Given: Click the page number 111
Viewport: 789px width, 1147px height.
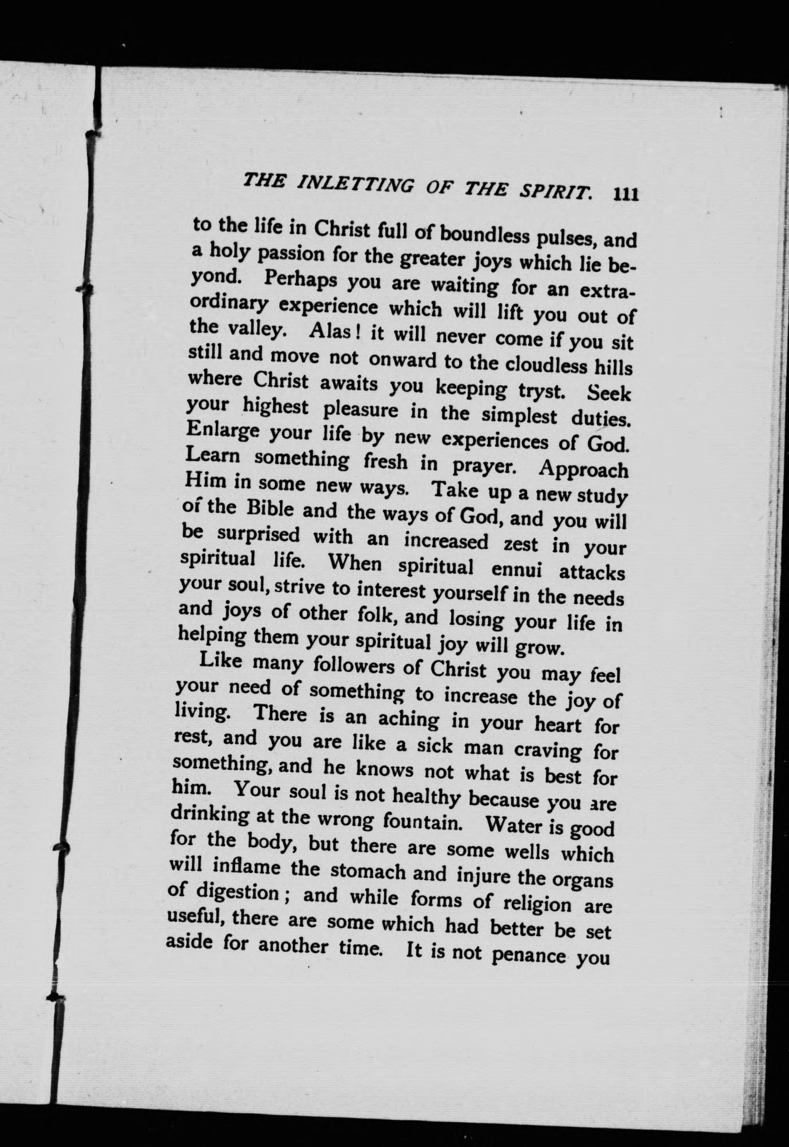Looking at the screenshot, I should (x=626, y=194).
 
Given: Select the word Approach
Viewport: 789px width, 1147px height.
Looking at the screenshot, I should (x=583, y=468).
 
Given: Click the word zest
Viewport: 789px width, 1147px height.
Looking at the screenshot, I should (x=520, y=544).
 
